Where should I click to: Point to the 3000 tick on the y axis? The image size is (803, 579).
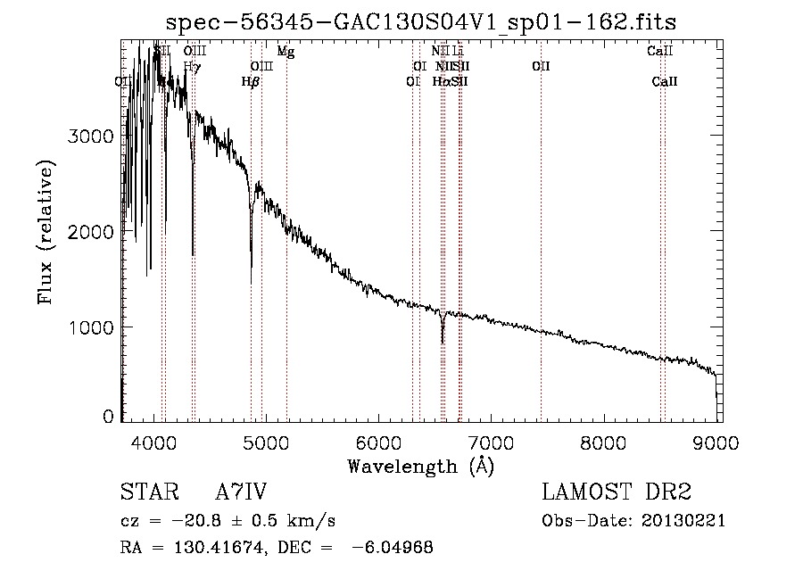point(93,136)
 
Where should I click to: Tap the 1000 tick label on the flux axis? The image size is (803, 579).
point(93,327)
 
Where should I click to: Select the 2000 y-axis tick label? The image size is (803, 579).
point(93,232)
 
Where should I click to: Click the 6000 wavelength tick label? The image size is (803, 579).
point(379,441)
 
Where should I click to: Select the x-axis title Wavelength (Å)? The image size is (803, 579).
point(420,466)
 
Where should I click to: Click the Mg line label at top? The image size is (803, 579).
point(286,52)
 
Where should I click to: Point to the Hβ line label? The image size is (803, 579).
point(251,81)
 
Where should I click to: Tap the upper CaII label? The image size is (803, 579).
point(659,52)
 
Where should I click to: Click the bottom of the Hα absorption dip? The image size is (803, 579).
point(443,341)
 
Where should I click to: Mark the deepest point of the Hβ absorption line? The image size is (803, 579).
point(251,281)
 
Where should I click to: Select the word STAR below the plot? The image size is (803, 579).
point(147,492)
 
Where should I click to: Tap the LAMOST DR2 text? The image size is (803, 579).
point(617,492)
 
